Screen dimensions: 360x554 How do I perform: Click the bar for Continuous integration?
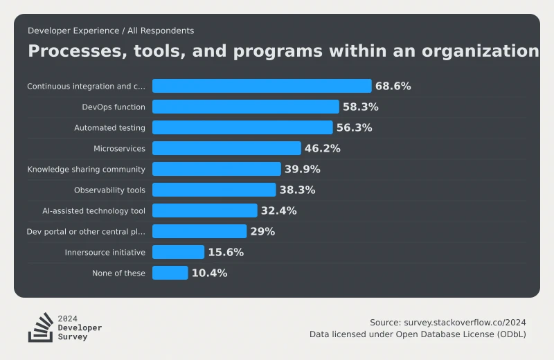[262, 86]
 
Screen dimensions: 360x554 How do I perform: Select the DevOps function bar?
[245, 107]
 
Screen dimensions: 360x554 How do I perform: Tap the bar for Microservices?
[226, 148]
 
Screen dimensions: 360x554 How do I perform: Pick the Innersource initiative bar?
[178, 252]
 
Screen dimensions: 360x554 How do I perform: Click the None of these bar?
[170, 273]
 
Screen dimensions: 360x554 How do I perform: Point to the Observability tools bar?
[214, 190]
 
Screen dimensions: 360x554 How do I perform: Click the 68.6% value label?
[393, 86]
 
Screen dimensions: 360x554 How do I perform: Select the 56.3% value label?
[354, 127]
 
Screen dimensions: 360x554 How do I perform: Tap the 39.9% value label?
[303, 169]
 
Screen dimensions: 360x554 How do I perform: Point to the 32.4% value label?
[278, 210]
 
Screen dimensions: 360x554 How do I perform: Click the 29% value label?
[262, 231]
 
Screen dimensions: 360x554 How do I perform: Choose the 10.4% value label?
[209, 273]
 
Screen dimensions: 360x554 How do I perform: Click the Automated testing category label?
[109, 127]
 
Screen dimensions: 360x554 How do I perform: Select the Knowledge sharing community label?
[86, 169]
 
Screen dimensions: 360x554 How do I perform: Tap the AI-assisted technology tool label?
[93, 210]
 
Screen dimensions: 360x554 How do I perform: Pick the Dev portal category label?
[86, 231]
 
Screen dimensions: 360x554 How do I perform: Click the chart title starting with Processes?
[283, 51]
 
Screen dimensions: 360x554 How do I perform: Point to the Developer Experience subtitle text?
[111, 30]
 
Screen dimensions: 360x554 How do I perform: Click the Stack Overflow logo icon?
[40, 327]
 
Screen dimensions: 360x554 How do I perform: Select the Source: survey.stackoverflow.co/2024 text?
[447, 322]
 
